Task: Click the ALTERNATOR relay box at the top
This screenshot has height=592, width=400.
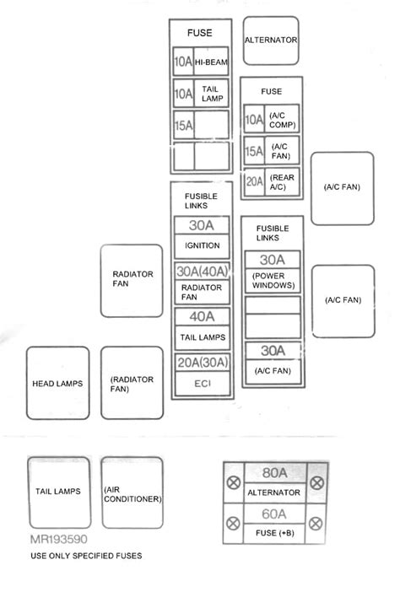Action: (271, 40)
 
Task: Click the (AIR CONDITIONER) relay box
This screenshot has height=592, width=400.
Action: (132, 493)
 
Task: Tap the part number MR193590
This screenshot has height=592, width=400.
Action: (57, 538)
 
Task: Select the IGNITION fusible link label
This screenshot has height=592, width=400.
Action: (202, 245)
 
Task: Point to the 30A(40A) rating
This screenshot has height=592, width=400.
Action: (202, 272)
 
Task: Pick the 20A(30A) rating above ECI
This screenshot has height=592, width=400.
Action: (202, 363)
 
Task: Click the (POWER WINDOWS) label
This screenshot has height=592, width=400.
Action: (272, 280)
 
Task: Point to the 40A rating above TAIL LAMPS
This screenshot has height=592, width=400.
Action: (202, 317)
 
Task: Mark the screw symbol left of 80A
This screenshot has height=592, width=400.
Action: (234, 483)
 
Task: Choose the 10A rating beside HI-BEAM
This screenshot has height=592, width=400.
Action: (182, 62)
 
